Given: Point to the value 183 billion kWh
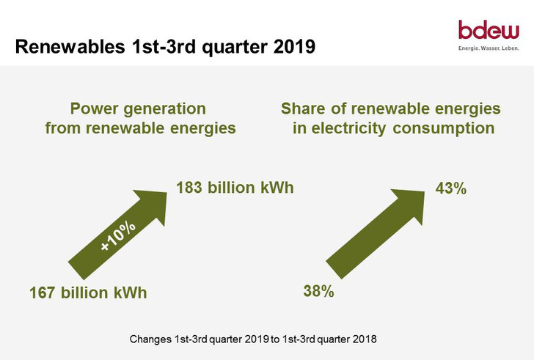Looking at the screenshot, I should pos(235,188).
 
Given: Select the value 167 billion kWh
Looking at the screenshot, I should pos(88,293).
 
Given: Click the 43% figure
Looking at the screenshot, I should pos(451,188).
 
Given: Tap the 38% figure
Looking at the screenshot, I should pos(319,292).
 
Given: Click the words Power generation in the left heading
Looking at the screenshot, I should pos(138,109).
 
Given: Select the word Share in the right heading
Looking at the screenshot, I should pos(305,109).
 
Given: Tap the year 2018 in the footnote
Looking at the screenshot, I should pos(364,339).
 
